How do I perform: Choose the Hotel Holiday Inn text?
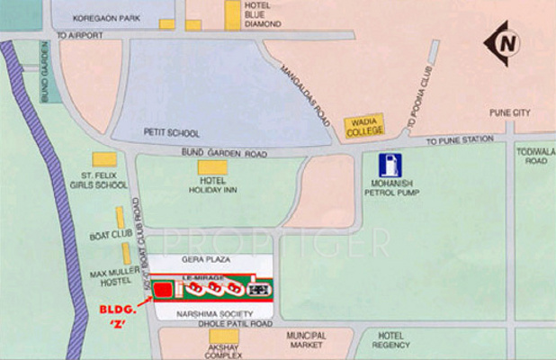(212, 184)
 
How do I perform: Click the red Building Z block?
(164, 291)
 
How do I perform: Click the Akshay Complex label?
(220, 351)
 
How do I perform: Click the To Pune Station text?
(460, 140)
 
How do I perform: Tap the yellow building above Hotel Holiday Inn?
(213, 167)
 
